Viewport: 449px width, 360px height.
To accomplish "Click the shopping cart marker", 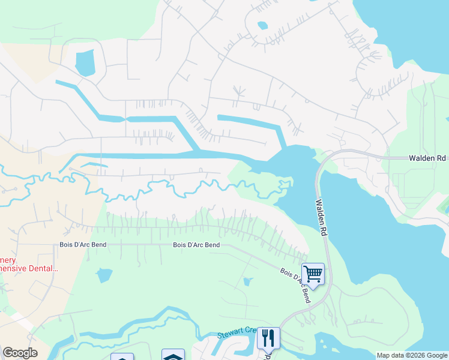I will point(313,274).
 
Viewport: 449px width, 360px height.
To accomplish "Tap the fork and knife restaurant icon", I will point(268,338).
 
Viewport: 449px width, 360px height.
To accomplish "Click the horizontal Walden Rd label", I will point(427,158).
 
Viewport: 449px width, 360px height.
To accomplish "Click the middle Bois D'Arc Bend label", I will point(196,245).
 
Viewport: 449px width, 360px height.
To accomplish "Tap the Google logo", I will point(20,353).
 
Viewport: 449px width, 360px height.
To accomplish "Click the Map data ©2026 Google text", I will point(411,355).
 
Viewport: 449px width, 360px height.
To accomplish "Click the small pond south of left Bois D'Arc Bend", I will point(104,275).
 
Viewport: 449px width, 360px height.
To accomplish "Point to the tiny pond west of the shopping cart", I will point(247,282).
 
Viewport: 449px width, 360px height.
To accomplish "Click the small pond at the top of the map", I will point(262,26).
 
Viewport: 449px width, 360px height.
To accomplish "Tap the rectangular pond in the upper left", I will point(86,62).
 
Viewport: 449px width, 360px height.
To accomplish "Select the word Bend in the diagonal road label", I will point(305,295).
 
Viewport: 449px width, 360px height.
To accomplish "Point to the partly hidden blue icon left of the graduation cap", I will point(122,357).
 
